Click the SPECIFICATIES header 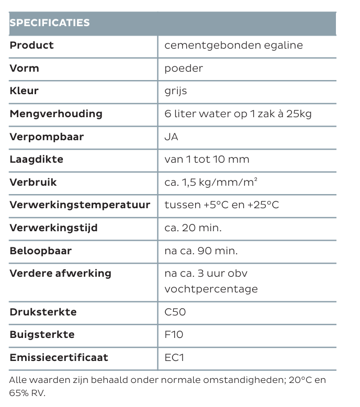pos(50,23)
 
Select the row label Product pos(32,46)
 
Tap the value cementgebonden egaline pos(233,46)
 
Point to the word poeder pos(184,69)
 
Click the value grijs pos(175,91)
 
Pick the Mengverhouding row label pos(56,114)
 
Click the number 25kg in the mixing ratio pos(299,114)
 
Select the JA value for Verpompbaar pos(171,137)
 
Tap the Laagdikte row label pos(37,160)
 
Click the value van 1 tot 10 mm pos(207,160)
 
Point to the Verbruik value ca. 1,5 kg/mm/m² pos(211,183)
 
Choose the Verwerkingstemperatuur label pos(80,205)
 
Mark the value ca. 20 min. pos(193,228)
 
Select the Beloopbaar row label pos(41,251)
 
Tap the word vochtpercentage pos(211,289)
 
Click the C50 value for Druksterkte pos(175,312)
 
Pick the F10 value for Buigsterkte pos(174,335)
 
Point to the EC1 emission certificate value pos(174,358)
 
